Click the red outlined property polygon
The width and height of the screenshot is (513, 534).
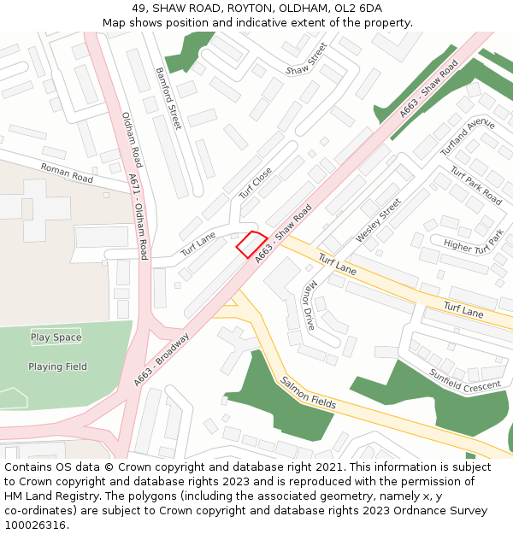tap(252, 244)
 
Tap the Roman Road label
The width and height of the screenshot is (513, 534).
tap(67, 173)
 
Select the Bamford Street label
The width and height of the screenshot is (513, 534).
tap(168, 98)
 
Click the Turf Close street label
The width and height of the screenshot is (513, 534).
tap(255, 183)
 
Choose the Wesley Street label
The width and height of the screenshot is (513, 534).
tap(378, 220)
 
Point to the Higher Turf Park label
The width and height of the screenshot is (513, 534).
tap(474, 246)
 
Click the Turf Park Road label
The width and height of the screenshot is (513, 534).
tap(476, 183)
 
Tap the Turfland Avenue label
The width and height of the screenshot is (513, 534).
tap(468, 136)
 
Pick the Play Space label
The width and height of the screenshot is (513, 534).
tap(56, 337)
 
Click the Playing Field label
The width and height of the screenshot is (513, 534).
tap(57, 367)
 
